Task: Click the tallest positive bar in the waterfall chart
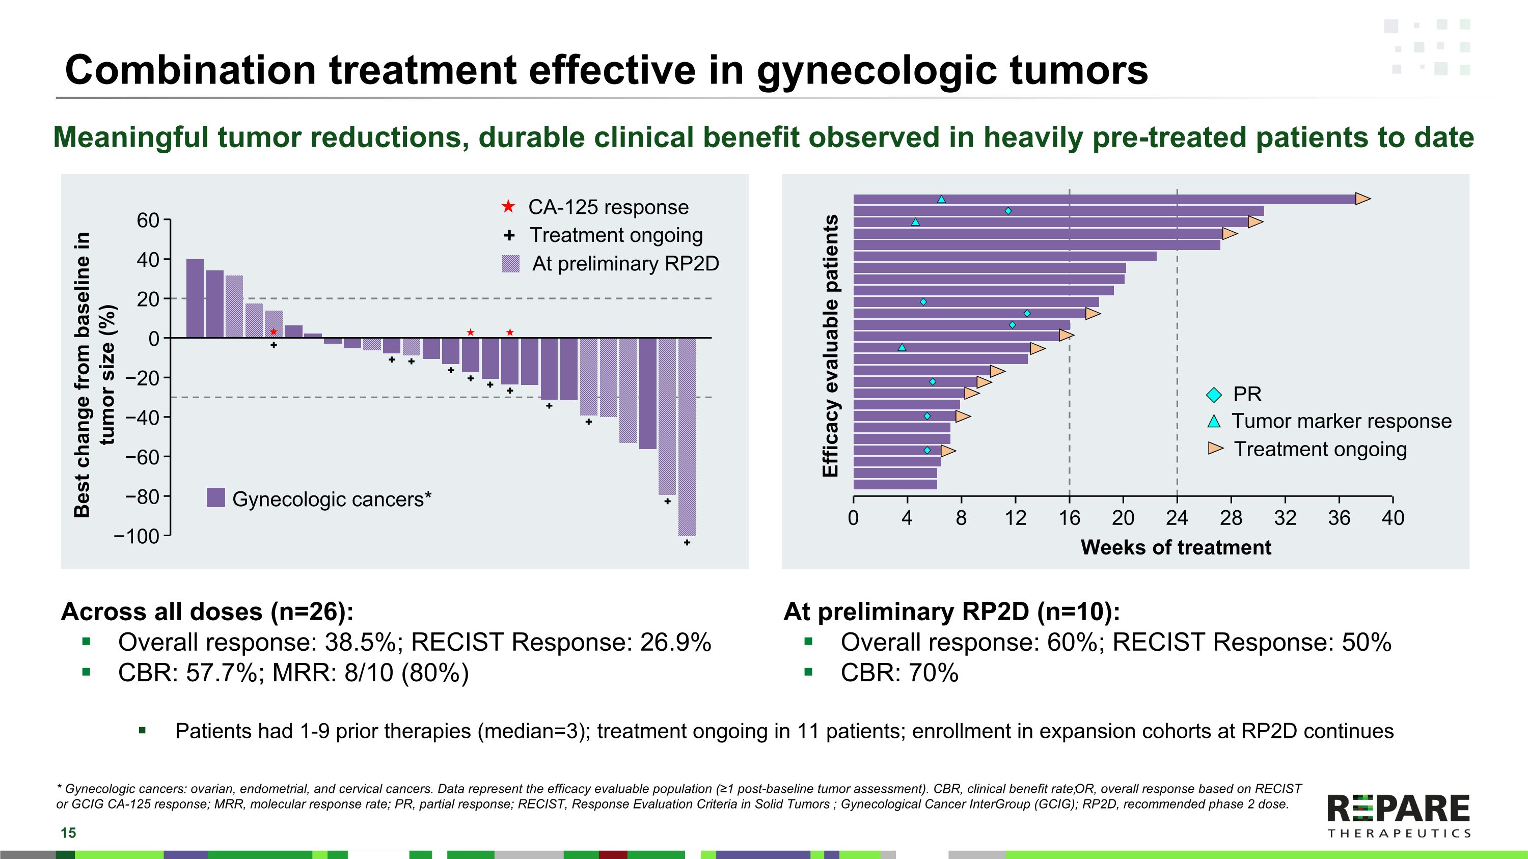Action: click(195, 298)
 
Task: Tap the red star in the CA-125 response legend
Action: click(508, 207)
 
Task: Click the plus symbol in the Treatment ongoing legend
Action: click(508, 235)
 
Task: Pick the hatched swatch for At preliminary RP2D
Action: click(510, 264)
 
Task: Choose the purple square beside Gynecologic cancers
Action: click(216, 498)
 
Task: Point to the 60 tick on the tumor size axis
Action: click(148, 220)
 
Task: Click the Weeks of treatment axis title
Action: click(1176, 547)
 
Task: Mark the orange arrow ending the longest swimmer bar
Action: click(1363, 199)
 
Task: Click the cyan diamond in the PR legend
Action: click(1214, 394)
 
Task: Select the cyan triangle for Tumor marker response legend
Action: click(1214, 422)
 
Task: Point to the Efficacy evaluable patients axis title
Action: click(830, 346)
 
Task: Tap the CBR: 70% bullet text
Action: click(898, 673)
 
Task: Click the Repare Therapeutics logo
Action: click(1398, 816)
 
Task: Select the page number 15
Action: click(68, 833)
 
